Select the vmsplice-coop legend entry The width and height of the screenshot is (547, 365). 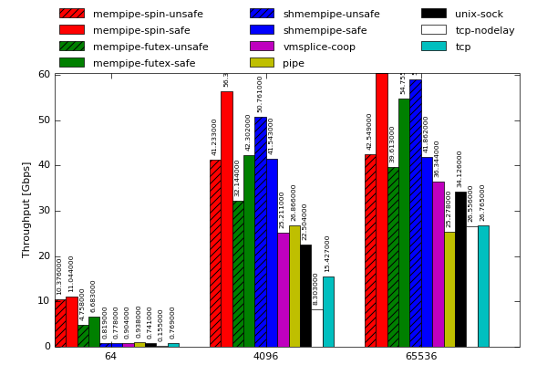[x=319, y=47]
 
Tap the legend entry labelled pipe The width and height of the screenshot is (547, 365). [x=294, y=63]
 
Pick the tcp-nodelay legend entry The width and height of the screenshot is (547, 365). [x=484, y=30]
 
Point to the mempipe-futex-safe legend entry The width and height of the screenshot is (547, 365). [x=144, y=63]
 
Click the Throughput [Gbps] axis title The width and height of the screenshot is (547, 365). [x=26, y=210]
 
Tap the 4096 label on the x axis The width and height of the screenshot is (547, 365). [x=265, y=356]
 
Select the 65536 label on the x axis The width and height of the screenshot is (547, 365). [x=420, y=356]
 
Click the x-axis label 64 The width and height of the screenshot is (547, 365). [x=110, y=356]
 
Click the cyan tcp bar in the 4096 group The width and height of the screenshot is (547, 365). [x=328, y=311]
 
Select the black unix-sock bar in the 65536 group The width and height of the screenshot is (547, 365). [x=460, y=269]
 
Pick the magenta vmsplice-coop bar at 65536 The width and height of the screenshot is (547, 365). [x=438, y=264]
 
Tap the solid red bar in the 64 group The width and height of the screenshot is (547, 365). [x=71, y=321]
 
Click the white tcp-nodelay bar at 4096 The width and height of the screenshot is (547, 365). [x=316, y=328]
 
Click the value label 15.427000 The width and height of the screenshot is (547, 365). [x=328, y=254]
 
